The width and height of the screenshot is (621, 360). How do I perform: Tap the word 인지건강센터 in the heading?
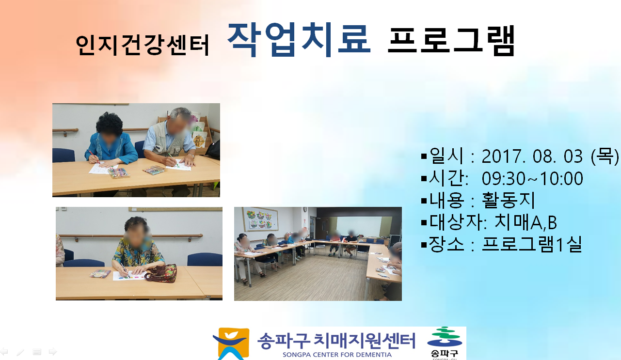pos(142,46)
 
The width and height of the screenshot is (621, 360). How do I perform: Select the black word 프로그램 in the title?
pos(451,41)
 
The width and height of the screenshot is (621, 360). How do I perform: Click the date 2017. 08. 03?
pos(532,157)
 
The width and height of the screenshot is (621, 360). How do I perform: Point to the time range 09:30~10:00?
pos(532,178)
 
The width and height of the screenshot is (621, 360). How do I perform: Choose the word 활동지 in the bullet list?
pos(508,200)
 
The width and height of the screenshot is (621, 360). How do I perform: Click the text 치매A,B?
pos(525,222)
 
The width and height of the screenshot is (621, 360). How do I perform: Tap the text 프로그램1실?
pos(532,244)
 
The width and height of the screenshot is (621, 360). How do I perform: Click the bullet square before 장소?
pos(424,245)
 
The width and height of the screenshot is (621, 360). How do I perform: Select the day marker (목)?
pos(605,156)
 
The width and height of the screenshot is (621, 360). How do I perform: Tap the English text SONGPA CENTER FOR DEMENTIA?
pos(337,355)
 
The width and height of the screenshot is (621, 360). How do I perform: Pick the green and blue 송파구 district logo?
pos(445,343)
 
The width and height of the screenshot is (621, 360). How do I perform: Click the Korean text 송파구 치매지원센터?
pos(336,341)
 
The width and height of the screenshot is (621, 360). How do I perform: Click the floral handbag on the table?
pos(161,273)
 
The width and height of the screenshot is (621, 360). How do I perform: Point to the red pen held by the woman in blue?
pos(94,157)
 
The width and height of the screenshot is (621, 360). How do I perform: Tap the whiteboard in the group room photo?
pos(359,226)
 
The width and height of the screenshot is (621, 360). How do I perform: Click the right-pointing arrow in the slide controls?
pos(53,352)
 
